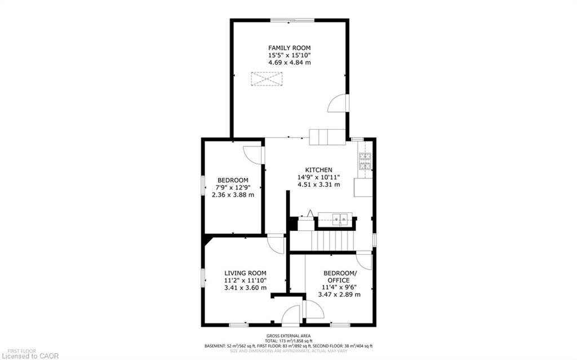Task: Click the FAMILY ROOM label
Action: click(289, 47)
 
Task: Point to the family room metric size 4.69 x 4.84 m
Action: click(289, 63)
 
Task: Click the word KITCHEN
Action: click(318, 170)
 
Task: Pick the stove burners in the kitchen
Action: click(365, 162)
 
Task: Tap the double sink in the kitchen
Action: click(335, 217)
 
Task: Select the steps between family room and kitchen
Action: click(326, 137)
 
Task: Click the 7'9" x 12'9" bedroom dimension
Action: click(233, 188)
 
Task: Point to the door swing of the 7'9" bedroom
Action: click(254, 155)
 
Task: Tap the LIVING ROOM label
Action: click(245, 273)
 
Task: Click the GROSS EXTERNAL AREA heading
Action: click(288, 335)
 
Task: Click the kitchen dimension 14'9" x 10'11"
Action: click(318, 177)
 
